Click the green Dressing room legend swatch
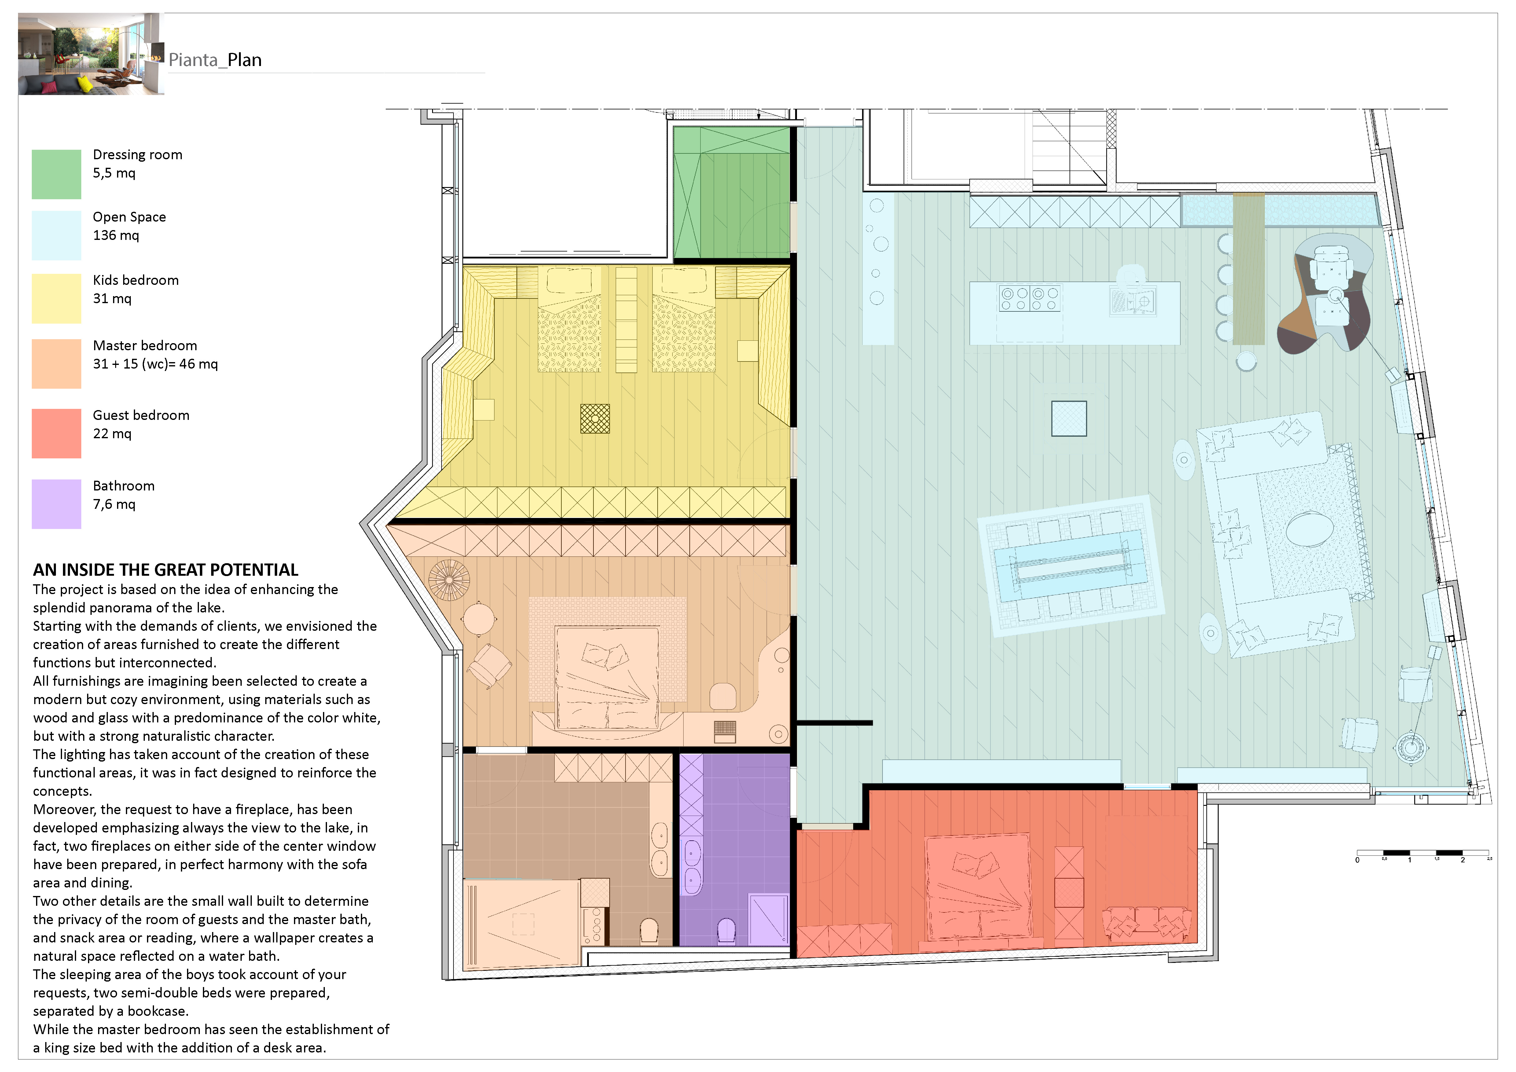pos(56,174)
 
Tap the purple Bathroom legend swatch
pos(56,504)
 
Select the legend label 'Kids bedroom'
pos(135,280)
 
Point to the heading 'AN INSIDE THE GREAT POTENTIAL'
pos(166,570)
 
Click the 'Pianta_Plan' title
pos(215,60)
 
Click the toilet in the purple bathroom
pos(726,931)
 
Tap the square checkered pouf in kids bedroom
pos(595,419)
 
